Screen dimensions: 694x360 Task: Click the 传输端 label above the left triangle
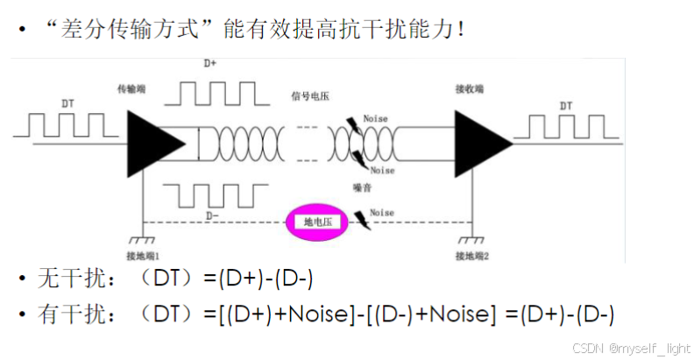pyautogui.click(x=134, y=89)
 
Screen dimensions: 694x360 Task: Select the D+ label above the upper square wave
pyautogui.click(x=210, y=64)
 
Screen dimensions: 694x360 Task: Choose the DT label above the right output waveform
pyautogui.click(x=566, y=106)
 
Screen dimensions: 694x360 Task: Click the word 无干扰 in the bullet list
pyautogui.click(x=60, y=279)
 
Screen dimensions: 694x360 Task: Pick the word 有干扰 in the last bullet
pyautogui.click(x=60, y=315)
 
